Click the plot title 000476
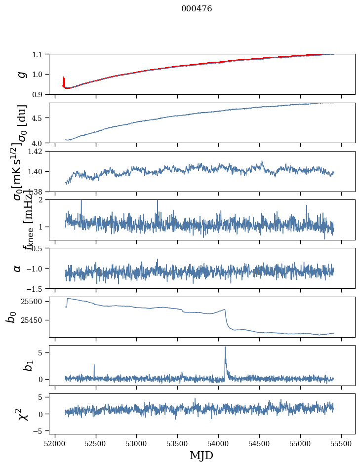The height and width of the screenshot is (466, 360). pos(197,9)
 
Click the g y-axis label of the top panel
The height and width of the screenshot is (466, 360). pos(21,74)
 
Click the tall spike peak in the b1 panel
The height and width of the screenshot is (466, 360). pos(225,347)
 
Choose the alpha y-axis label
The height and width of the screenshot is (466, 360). pos(17,268)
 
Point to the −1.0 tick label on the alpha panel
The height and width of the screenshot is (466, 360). pos(36,268)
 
